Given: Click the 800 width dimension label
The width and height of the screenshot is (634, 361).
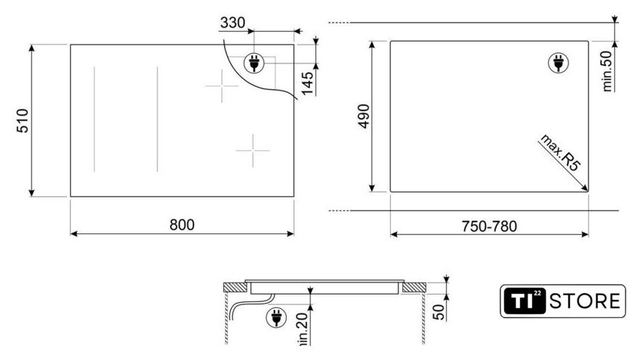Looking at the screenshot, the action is click(182, 224).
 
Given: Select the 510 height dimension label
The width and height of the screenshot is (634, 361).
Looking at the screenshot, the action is click(23, 121).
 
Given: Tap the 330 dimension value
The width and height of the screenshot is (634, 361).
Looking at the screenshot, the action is click(232, 23).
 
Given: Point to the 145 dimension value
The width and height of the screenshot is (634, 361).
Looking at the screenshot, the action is click(307, 83).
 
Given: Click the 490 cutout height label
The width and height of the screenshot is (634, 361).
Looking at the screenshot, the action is click(364, 116).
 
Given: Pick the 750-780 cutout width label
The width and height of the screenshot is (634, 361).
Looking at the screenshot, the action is click(489, 227).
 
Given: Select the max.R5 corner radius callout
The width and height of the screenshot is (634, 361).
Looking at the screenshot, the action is click(561, 152).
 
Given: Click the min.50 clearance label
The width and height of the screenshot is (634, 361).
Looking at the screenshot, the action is click(608, 71).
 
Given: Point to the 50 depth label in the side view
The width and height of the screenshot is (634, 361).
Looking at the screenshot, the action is click(439, 312).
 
